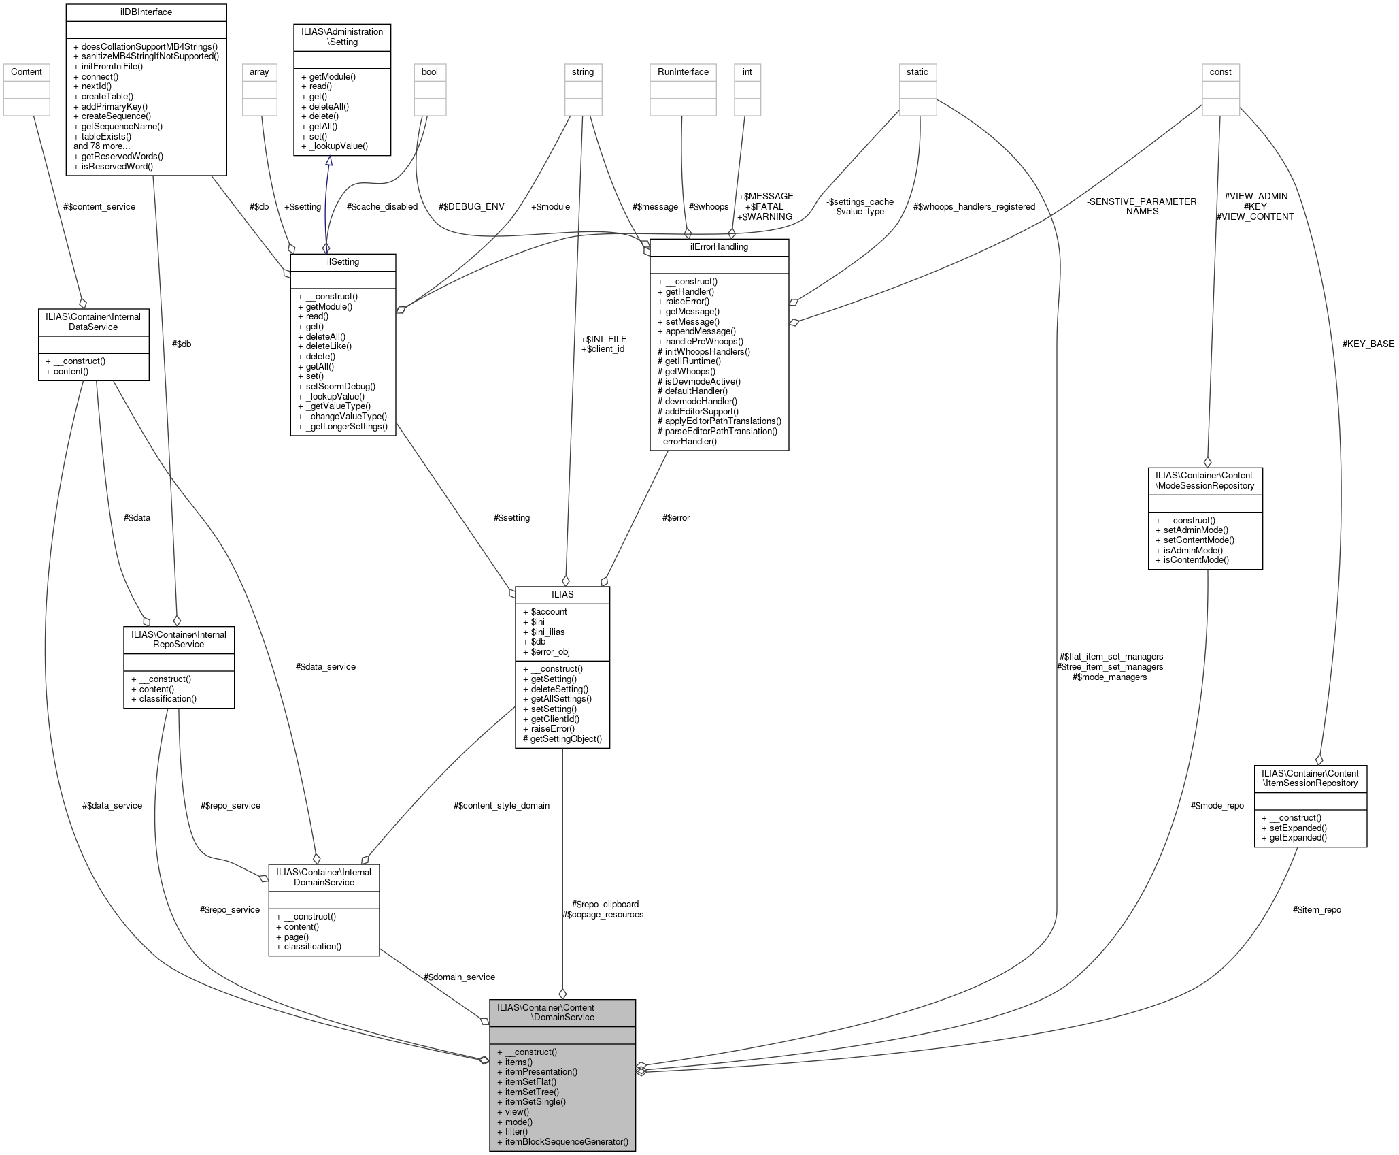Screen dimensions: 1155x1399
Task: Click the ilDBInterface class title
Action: [146, 12]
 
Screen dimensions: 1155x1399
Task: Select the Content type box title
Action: [27, 72]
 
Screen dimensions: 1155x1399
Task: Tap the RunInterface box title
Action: [683, 72]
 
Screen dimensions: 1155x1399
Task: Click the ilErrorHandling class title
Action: [719, 247]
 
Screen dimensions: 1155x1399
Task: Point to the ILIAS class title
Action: [562, 595]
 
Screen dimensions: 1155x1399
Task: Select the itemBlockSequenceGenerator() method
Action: [567, 1141]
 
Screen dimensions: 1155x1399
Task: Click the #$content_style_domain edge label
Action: [501, 806]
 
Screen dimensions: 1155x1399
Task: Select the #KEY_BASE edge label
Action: [1368, 344]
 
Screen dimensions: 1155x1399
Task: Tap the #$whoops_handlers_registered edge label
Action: [974, 207]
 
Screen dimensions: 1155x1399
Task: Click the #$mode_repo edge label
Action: [1217, 806]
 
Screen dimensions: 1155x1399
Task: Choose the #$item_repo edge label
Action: [1317, 910]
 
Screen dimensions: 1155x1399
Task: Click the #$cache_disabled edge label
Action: [382, 207]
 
